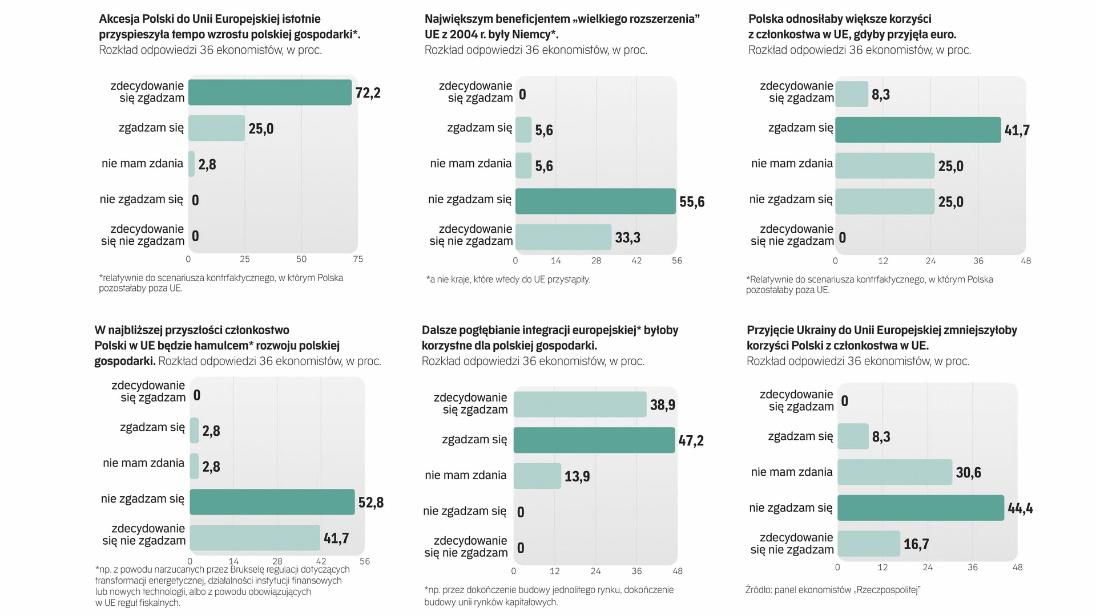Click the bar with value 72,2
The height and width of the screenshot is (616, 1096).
[269, 92]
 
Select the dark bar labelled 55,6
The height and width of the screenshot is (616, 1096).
[595, 201]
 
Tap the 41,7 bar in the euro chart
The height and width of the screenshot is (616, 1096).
[917, 130]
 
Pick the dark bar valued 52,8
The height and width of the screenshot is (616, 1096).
[272, 502]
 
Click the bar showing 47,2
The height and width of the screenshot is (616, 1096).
[594, 440]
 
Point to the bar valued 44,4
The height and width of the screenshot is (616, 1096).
[920, 508]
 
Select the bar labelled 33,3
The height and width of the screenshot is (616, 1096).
[563, 237]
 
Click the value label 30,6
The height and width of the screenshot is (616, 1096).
[968, 473]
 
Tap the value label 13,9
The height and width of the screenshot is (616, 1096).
[577, 476]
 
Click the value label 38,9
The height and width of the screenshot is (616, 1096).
[662, 405]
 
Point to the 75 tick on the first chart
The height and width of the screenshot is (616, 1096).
[358, 260]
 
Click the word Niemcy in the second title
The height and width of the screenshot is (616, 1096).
[533, 34]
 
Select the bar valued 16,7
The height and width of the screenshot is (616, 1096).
[868, 544]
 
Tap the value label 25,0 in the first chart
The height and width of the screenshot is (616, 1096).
[261, 129]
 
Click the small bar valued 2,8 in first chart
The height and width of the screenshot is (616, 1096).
[192, 164]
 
